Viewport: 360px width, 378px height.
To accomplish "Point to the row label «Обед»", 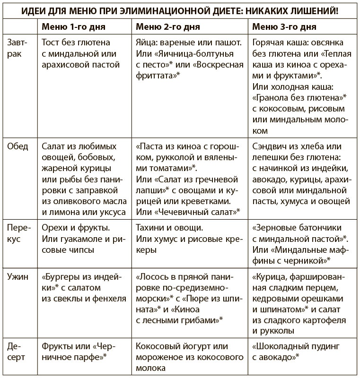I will (x=18, y=146).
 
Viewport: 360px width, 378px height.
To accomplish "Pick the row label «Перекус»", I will (x=18, y=233).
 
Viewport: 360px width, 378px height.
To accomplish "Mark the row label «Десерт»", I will (x=18, y=352).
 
